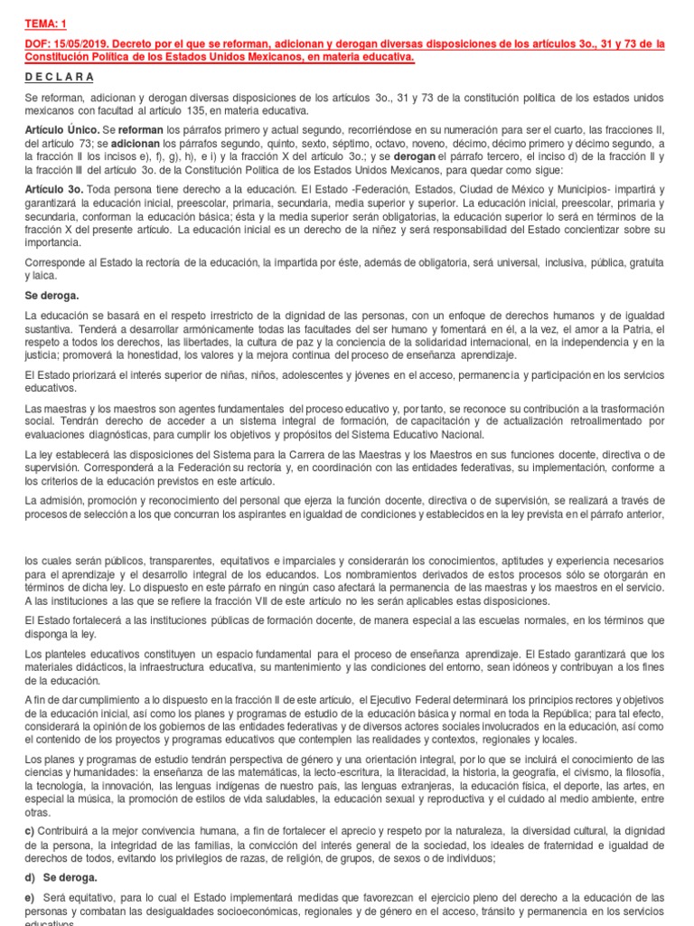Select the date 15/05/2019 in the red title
tap(80, 44)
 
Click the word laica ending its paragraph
tap(38, 274)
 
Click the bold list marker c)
tap(31, 830)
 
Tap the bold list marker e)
tap(31, 899)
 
